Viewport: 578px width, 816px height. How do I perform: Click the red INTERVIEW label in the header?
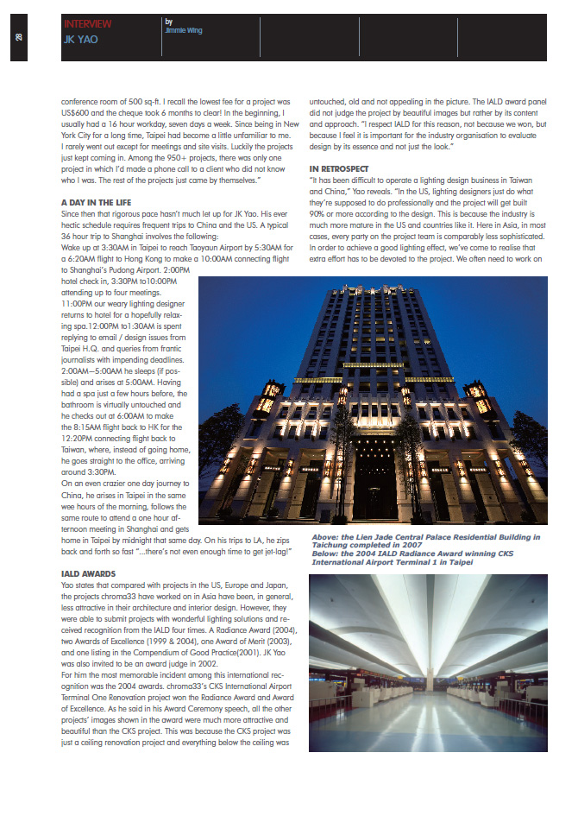pos(87,24)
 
